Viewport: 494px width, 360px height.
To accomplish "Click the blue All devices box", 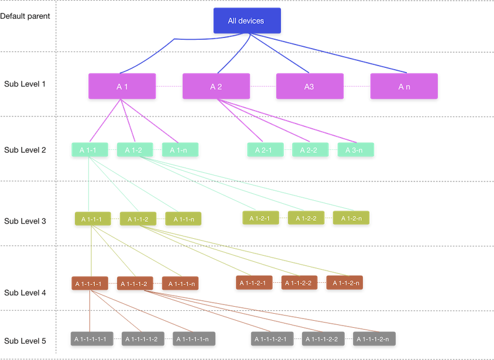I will pos(246,20).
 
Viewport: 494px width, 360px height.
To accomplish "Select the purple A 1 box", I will pos(122,86).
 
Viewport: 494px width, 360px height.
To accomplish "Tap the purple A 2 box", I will pos(216,86).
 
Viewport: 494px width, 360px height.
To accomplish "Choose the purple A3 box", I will pos(309,86).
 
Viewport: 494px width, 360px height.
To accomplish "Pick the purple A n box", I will pos(404,86).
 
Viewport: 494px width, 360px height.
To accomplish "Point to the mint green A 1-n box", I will pos(180,150).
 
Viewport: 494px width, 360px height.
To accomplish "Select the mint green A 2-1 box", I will pos(265,150).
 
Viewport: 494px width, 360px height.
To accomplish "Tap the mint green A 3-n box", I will pos(355,150).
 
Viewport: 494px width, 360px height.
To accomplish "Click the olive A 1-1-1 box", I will pos(92,219).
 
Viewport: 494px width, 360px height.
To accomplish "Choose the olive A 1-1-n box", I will pos(183,219).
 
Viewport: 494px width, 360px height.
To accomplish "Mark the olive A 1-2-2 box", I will pos(306,218).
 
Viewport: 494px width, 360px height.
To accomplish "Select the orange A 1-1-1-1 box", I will pos(90,284).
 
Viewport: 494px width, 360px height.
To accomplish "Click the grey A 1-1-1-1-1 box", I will pos(90,339).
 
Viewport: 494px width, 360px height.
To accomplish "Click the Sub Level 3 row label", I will pos(25,221).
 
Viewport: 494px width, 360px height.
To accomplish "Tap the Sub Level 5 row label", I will pos(25,341).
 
